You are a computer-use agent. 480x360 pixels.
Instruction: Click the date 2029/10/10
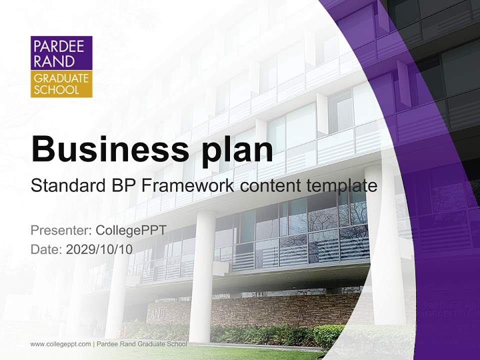click(99, 249)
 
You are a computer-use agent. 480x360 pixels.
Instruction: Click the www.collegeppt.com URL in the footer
click(60, 344)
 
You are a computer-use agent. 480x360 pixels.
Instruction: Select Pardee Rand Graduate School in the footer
click(141, 344)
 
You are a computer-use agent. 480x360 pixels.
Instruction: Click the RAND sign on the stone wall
click(155, 315)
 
